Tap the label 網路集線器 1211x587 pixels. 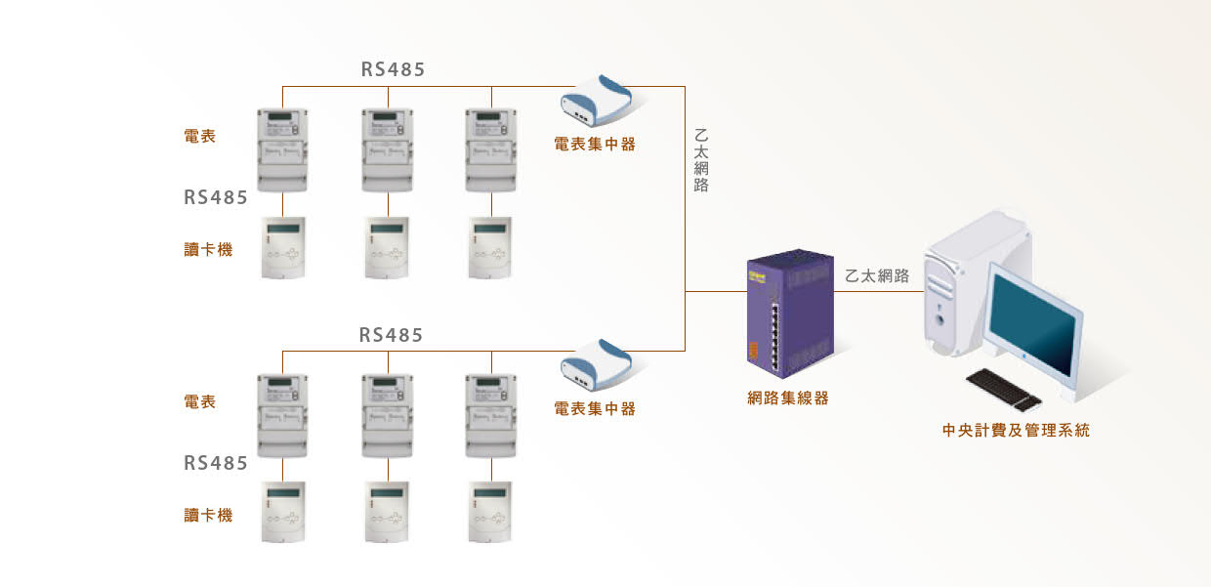(788, 398)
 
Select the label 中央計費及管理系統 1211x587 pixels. (1016, 430)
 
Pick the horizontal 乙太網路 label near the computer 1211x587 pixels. (877, 276)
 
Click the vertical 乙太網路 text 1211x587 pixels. (700, 159)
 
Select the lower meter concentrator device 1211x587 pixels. (597, 363)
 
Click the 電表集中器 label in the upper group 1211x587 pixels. (595, 144)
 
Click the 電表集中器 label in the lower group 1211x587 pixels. (595, 408)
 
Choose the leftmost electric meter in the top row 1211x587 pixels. (282, 149)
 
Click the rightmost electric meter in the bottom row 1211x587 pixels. (491, 415)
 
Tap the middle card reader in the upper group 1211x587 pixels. (388, 248)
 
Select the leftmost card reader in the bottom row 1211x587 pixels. (282, 512)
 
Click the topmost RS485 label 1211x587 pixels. (393, 69)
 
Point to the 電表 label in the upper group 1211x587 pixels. (200, 137)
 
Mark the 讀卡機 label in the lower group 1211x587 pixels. (208, 515)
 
